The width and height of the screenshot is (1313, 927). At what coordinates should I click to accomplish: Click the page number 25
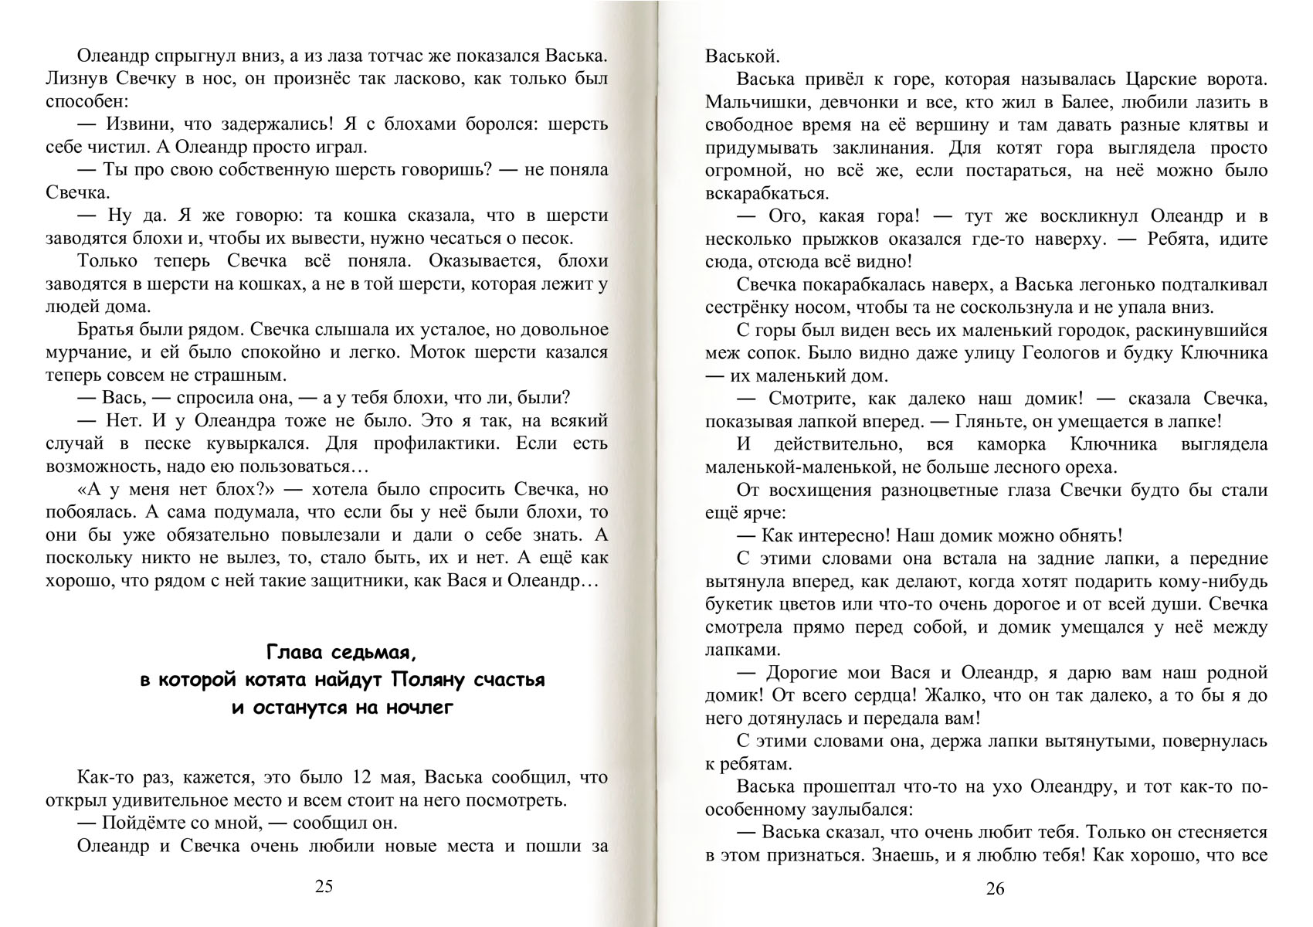324,886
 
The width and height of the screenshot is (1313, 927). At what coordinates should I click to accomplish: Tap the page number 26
996,888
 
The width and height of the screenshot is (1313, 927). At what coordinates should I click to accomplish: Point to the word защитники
361,581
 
